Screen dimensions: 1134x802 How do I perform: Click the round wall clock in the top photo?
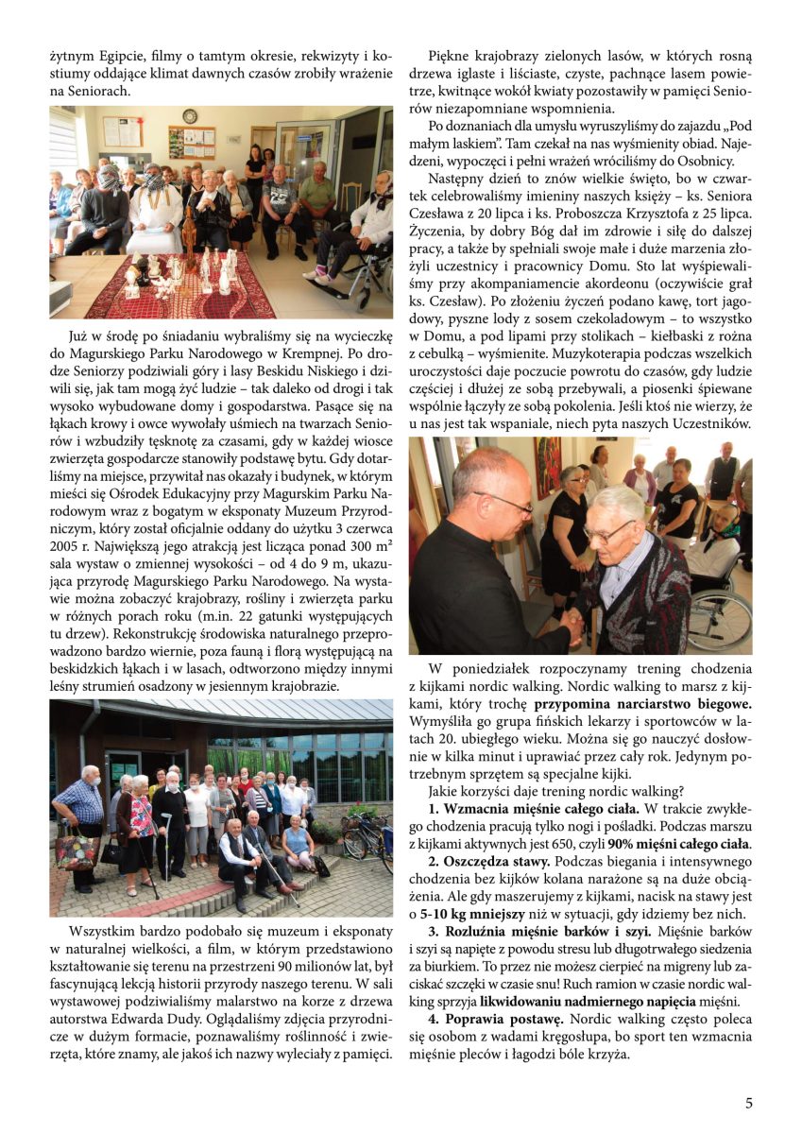click(190, 116)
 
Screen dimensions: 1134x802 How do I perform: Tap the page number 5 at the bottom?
click(748, 1103)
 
